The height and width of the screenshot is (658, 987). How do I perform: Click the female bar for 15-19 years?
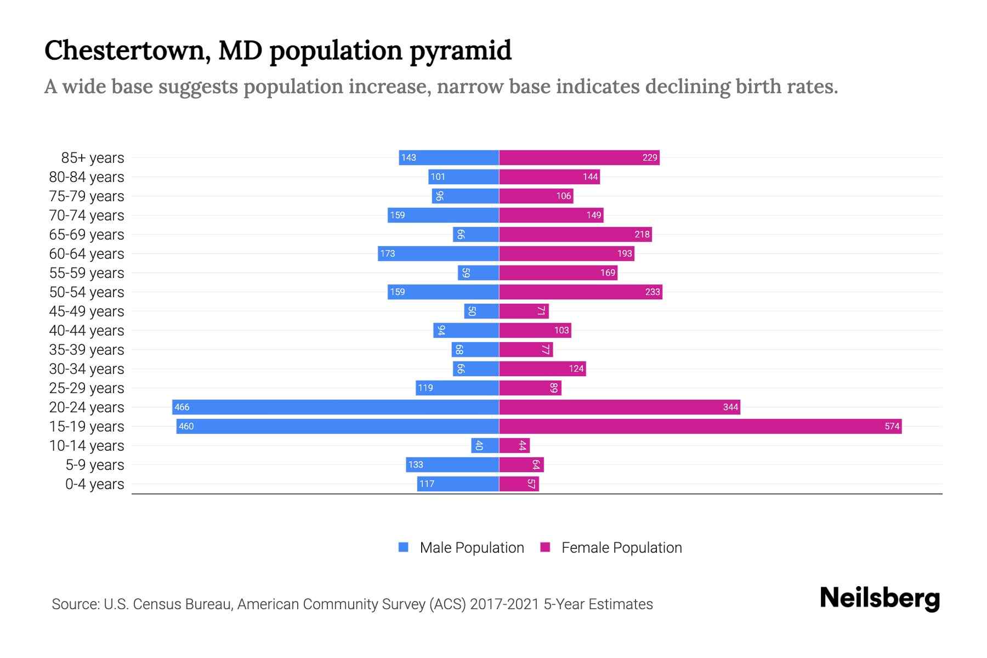click(x=700, y=426)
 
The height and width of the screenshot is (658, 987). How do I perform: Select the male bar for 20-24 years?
click(x=336, y=407)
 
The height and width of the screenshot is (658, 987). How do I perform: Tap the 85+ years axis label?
click(x=92, y=158)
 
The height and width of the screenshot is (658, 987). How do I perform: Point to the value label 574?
click(x=892, y=426)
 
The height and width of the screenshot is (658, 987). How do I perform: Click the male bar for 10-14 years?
click(x=485, y=445)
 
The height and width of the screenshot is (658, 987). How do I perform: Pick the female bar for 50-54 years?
click(x=580, y=292)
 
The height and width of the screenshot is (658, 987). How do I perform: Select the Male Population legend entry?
click(x=461, y=547)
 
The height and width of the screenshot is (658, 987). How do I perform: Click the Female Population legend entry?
click(x=611, y=547)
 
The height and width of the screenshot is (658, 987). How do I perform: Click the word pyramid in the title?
click(x=460, y=50)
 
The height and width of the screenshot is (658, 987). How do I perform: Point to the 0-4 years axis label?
click(x=94, y=484)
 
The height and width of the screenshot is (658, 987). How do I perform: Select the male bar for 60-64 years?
click(x=438, y=253)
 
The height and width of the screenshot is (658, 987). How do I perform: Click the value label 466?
click(x=181, y=407)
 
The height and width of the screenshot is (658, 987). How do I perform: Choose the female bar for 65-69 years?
click(x=575, y=234)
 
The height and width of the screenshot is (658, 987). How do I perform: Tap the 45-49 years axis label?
click(x=87, y=311)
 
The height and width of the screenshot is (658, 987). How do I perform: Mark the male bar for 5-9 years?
click(x=452, y=464)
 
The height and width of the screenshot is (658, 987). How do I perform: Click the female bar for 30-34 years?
click(x=542, y=368)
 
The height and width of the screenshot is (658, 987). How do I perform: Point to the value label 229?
click(x=649, y=157)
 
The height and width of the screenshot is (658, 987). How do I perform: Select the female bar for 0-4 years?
click(x=519, y=484)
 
